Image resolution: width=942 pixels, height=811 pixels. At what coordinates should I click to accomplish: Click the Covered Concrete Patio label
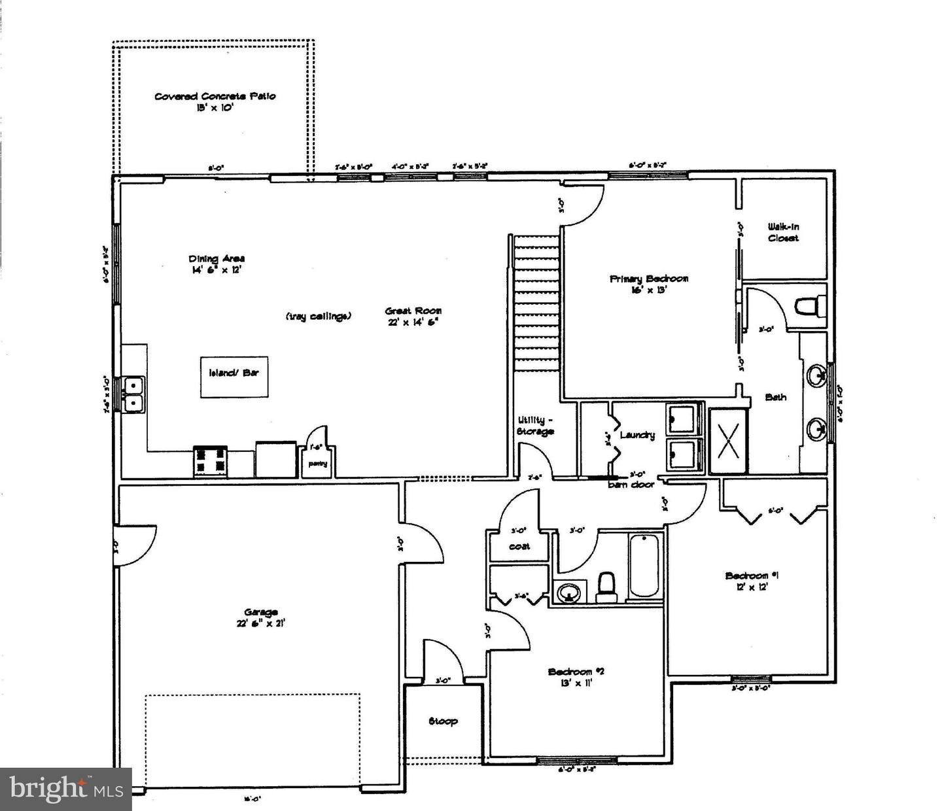(x=215, y=96)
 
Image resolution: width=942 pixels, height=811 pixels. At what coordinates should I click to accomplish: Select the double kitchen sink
(x=133, y=395)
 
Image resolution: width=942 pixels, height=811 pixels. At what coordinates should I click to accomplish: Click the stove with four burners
(x=210, y=460)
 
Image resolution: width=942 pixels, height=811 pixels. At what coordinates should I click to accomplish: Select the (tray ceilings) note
(x=319, y=316)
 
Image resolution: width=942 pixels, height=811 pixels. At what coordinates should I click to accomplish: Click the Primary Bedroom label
(x=648, y=279)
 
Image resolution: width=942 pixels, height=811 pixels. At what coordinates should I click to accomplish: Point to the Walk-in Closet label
(x=783, y=232)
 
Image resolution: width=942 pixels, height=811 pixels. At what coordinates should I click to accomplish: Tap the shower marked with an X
(x=727, y=440)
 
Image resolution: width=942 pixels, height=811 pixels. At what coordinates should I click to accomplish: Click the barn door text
(x=631, y=485)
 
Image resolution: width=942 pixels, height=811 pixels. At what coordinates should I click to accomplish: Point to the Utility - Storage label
(x=536, y=426)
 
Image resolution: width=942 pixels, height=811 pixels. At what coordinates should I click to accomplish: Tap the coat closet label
(x=519, y=546)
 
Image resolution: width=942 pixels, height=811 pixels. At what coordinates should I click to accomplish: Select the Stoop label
(x=443, y=721)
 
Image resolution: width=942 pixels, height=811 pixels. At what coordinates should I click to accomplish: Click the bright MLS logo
(x=66, y=789)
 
